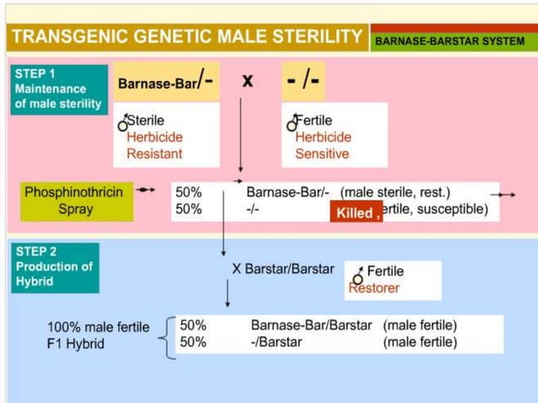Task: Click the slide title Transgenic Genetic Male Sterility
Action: pos(186,36)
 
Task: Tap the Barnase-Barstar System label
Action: pos(449,40)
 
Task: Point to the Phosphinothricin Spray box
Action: pos(76,201)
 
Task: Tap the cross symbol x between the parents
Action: pos(248,81)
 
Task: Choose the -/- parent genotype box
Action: pos(304,82)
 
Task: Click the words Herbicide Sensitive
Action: pos(323,145)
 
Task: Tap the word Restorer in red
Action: pos(374,288)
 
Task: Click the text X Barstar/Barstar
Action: pos(282,270)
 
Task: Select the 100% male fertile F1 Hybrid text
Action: pos(98,335)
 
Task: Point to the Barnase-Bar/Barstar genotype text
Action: pos(310,325)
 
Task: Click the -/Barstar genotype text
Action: pos(280,342)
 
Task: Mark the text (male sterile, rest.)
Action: pos(395,192)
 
